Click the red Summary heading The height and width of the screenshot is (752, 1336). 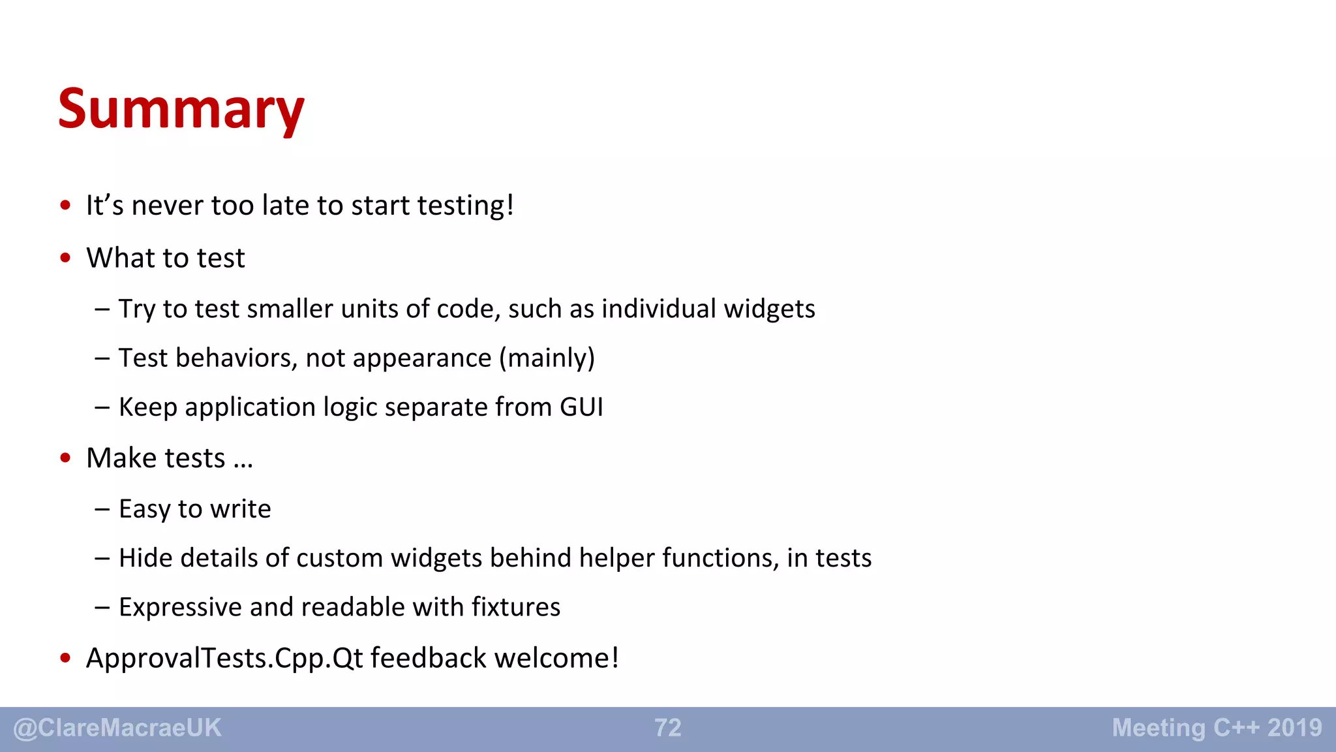[x=181, y=109]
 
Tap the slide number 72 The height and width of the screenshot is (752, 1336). [x=668, y=728]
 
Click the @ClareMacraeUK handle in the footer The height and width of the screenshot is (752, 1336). [x=117, y=728]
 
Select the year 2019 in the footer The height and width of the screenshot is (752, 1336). [x=1294, y=728]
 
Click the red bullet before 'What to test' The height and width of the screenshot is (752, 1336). [x=65, y=258]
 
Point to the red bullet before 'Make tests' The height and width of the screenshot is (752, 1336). [x=65, y=458]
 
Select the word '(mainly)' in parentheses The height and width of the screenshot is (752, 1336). [x=547, y=358]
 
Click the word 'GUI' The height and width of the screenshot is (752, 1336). [x=581, y=407]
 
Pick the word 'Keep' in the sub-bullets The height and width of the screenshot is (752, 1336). [x=148, y=407]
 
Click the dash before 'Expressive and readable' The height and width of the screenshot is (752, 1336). [x=102, y=607]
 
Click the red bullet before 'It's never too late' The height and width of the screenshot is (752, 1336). [x=65, y=206]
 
